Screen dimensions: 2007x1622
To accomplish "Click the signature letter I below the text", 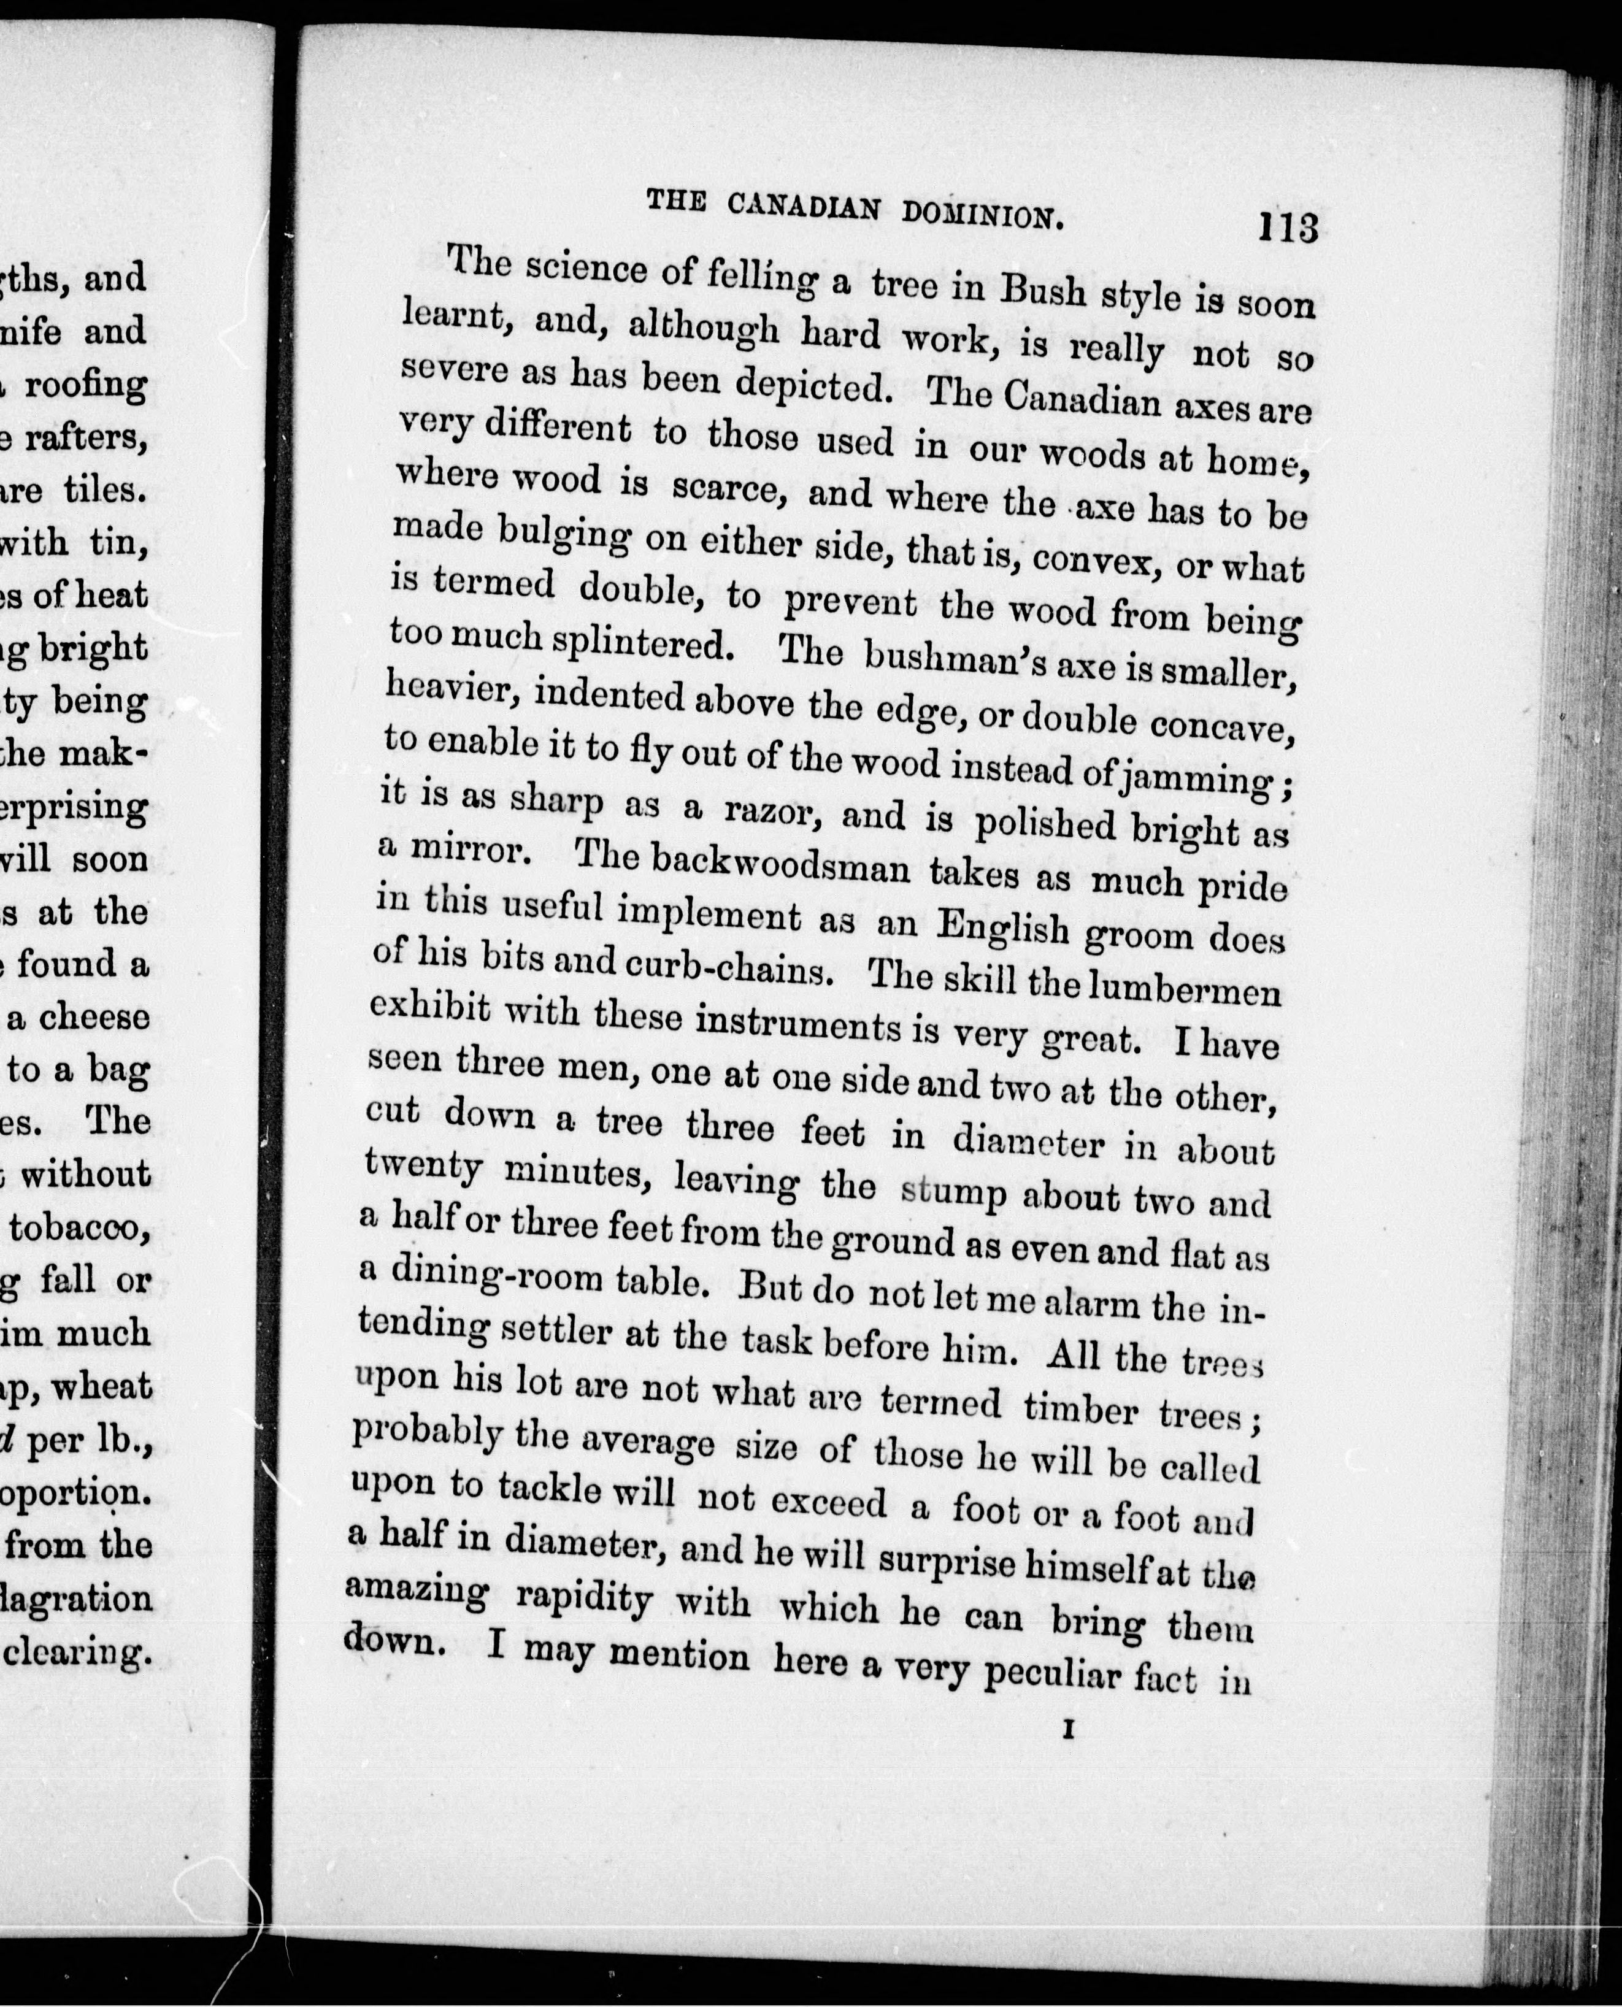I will coord(1066,1730).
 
